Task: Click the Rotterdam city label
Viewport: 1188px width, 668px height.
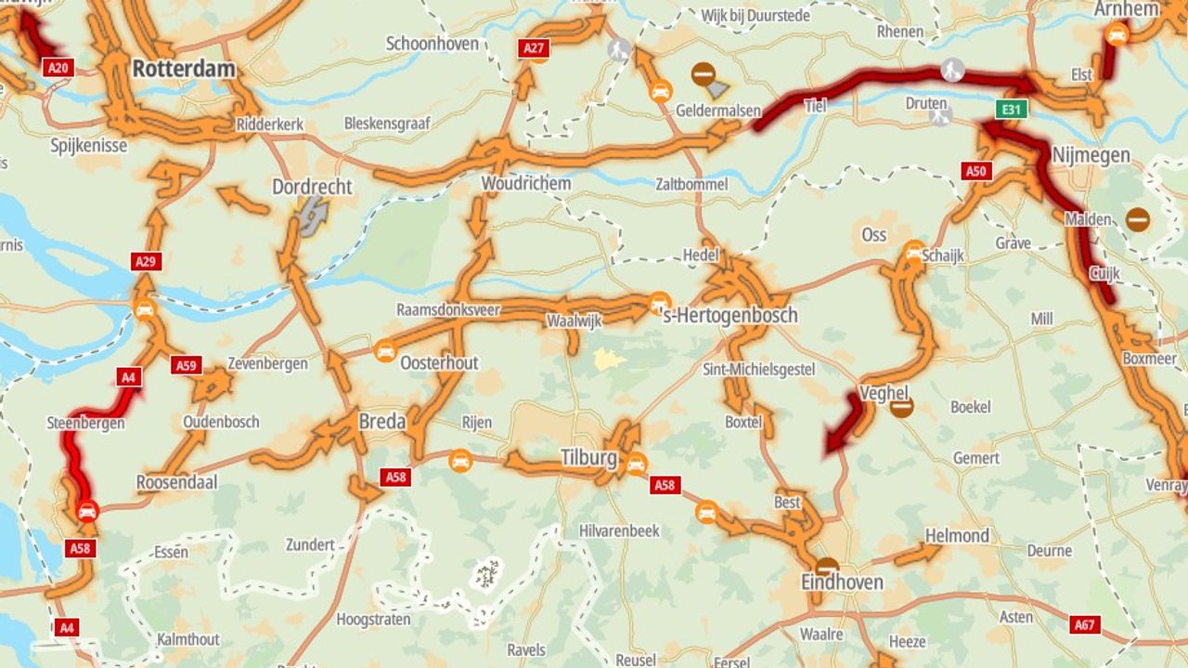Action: coord(184,69)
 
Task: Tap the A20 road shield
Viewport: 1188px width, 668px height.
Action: coord(58,67)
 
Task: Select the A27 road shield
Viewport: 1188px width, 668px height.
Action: coord(534,49)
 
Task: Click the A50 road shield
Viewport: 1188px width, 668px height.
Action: coord(975,171)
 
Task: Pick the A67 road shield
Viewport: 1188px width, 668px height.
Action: coord(1085,624)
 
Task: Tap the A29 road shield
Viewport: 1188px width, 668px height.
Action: coord(146,261)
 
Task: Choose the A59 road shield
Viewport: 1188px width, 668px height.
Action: coord(187,365)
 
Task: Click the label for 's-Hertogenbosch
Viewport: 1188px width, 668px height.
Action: coord(729,316)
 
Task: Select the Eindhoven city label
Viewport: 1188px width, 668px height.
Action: coord(842,583)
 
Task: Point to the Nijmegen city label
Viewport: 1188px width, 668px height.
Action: coord(1091,155)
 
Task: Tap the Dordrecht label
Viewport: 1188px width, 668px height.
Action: coord(312,187)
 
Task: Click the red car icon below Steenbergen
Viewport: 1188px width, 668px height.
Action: coord(87,510)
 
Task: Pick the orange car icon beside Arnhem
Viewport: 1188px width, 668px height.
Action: coord(1117,35)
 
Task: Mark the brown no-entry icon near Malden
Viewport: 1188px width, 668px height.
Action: coord(1138,220)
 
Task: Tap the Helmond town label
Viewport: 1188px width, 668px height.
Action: coord(957,536)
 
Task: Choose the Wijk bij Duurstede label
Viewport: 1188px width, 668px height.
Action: coord(755,16)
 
